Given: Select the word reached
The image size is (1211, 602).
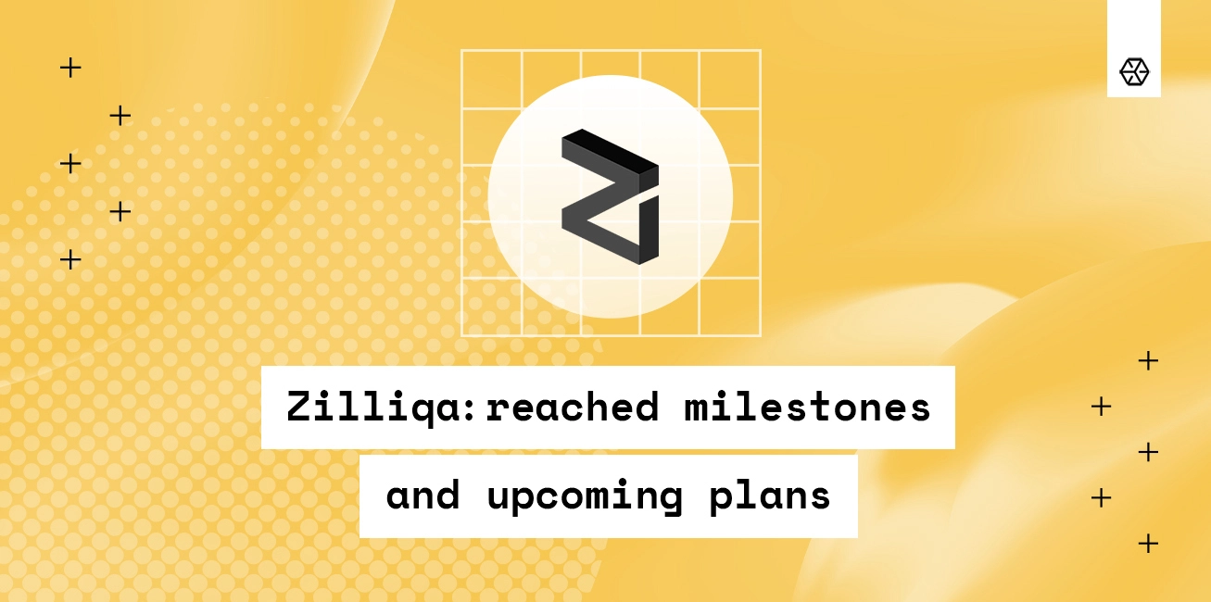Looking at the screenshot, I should click(x=572, y=407).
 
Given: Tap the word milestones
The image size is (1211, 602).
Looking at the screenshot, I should click(x=807, y=407).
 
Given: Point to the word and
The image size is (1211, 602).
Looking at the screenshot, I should click(x=423, y=495).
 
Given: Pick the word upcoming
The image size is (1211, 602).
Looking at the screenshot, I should click(x=585, y=497).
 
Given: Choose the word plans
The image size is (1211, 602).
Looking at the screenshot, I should click(x=770, y=497).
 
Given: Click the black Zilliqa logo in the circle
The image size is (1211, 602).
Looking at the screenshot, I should click(x=610, y=196).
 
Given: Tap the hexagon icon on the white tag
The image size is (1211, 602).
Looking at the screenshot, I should click(x=1134, y=71).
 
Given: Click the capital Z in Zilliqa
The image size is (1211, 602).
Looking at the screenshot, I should click(x=298, y=407).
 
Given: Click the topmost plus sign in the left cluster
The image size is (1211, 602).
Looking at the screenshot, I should click(x=70, y=67).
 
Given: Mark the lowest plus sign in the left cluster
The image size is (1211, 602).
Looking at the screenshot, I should click(x=70, y=259).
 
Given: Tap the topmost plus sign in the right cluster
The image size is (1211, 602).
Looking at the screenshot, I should click(x=1148, y=360).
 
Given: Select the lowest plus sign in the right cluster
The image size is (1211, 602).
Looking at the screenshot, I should click(x=1148, y=543).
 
